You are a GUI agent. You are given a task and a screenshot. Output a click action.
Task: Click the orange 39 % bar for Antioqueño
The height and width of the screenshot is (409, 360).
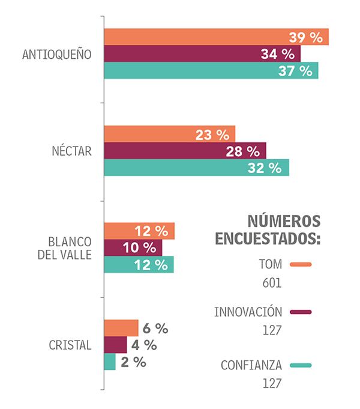(216, 37)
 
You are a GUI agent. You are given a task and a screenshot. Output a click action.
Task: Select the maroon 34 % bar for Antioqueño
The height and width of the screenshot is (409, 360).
(202, 53)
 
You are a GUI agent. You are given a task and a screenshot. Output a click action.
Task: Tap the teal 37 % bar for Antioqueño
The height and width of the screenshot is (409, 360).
(211, 70)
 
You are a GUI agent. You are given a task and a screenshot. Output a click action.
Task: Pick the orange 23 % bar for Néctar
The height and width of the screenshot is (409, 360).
(169, 134)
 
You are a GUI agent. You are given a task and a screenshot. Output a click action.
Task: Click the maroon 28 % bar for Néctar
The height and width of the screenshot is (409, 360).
(185, 151)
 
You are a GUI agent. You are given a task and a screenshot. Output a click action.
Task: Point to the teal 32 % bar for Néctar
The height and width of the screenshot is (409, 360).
(196, 168)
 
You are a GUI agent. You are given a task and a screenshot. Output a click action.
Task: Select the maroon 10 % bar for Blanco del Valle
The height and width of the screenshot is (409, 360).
(133, 247)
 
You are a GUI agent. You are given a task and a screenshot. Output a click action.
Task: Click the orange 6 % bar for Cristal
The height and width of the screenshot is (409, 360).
(121, 328)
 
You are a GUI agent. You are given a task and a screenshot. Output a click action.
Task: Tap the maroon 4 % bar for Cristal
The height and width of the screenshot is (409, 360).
(115, 345)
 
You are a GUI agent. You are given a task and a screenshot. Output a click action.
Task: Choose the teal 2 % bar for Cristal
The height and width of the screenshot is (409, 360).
(110, 362)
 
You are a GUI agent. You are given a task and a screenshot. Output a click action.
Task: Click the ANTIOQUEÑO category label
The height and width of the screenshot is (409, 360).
(56, 54)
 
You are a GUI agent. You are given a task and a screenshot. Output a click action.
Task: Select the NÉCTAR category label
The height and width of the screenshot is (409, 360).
(71, 151)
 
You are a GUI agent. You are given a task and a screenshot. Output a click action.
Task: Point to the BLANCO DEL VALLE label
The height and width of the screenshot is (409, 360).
(69, 247)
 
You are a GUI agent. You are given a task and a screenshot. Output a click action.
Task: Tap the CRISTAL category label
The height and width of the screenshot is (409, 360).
(71, 345)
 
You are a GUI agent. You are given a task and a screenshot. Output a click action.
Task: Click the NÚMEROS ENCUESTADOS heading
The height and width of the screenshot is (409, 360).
(268, 229)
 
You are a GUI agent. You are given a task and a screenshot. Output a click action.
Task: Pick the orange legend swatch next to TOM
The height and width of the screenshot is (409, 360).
(301, 264)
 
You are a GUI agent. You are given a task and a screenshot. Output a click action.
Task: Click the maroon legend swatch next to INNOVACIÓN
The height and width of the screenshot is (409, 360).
(301, 312)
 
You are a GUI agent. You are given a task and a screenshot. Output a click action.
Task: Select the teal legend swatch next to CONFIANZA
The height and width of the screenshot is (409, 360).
(301, 365)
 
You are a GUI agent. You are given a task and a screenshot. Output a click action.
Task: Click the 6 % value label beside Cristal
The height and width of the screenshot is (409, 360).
(155, 328)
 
